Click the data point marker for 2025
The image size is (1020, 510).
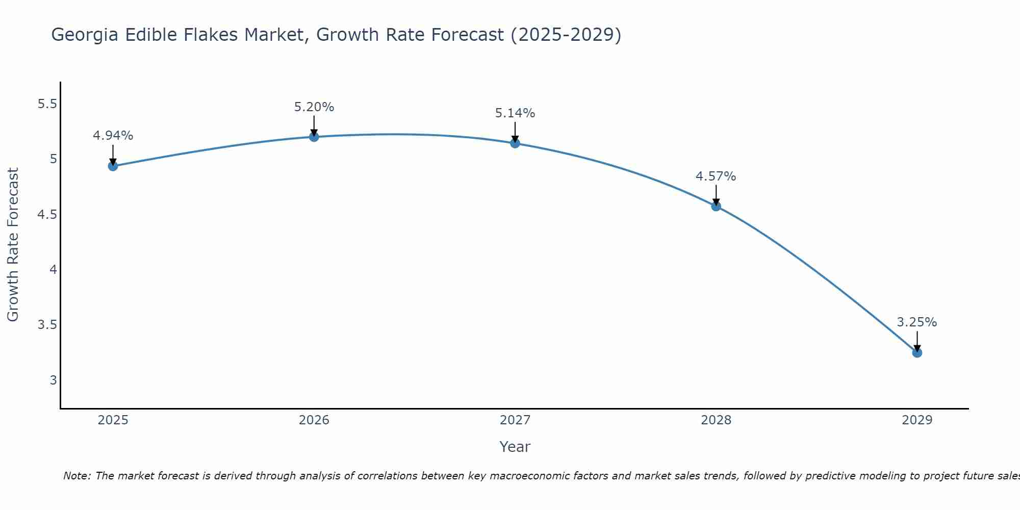(x=113, y=166)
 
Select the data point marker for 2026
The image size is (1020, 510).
(x=314, y=137)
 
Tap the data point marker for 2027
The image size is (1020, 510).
(x=515, y=143)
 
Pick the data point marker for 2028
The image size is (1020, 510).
(x=716, y=206)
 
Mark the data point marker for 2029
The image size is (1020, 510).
(x=917, y=352)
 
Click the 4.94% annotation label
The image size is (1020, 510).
(x=113, y=136)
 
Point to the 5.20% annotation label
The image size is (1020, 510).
(x=314, y=107)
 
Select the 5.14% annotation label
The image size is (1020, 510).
(x=515, y=113)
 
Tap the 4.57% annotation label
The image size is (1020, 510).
(x=716, y=176)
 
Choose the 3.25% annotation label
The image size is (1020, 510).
(x=917, y=322)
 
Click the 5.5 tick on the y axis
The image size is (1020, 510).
(x=47, y=104)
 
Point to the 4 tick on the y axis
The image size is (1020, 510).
(x=53, y=270)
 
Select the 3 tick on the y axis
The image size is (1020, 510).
(x=53, y=380)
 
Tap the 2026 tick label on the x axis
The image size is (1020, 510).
(x=314, y=420)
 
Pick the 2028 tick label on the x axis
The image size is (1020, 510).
(x=716, y=420)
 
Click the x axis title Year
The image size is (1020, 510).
(x=515, y=447)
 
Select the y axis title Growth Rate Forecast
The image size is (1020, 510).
(x=13, y=245)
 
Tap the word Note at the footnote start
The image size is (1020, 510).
(x=76, y=476)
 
